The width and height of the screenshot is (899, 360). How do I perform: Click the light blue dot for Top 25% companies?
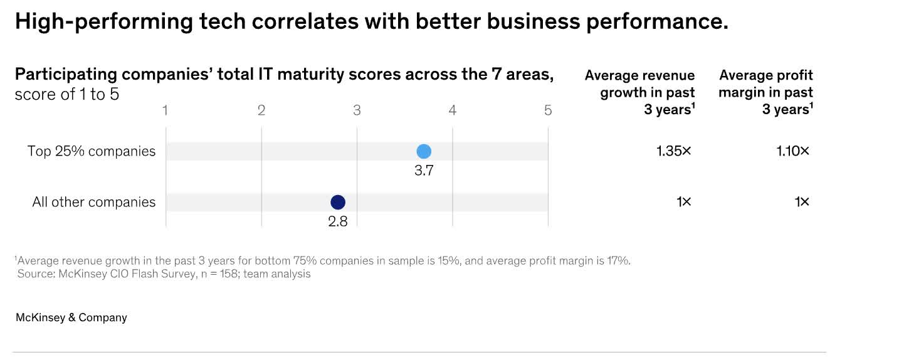point(424,151)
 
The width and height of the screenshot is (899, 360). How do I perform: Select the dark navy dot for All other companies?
point(338,202)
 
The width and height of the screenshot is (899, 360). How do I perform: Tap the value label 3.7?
point(424,171)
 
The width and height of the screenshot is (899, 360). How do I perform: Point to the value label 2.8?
point(338,221)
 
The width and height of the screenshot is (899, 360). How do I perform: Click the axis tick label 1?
point(166,110)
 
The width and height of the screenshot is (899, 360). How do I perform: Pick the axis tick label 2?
point(261,110)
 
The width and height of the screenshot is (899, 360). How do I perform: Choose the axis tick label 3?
point(357,110)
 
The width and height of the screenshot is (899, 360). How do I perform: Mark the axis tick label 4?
point(453,110)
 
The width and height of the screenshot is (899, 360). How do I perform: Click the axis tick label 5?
point(548,110)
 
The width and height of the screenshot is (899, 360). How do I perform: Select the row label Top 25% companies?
point(92,151)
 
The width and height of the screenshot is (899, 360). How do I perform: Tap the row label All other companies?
point(94,202)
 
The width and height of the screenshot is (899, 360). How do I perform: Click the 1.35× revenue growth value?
point(674,151)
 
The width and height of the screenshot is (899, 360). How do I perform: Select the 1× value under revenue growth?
point(684,202)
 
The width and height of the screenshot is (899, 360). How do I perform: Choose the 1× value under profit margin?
point(801,202)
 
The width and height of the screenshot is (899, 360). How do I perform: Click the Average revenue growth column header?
point(640,92)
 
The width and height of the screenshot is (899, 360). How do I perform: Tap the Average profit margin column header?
point(765,92)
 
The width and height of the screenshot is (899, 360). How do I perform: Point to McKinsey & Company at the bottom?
point(71,317)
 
